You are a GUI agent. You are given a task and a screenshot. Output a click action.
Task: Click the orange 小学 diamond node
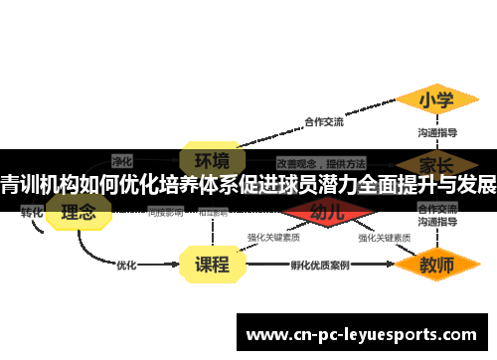(435, 100)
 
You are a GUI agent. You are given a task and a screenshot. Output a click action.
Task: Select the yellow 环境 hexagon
(211, 160)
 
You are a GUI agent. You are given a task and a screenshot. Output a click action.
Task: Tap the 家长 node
(435, 164)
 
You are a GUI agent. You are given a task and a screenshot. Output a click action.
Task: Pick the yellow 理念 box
(79, 212)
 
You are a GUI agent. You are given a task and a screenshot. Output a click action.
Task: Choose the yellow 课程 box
(211, 265)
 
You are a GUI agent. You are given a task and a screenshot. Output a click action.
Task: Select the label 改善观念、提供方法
(320, 161)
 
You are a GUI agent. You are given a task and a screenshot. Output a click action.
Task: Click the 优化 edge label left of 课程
(126, 266)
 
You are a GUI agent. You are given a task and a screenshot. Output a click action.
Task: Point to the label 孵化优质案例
(319, 266)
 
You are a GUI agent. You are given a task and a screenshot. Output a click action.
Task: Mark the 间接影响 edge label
(165, 212)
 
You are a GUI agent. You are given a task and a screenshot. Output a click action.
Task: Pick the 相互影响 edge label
(213, 212)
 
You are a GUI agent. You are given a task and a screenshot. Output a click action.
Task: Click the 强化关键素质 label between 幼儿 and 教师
(385, 239)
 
